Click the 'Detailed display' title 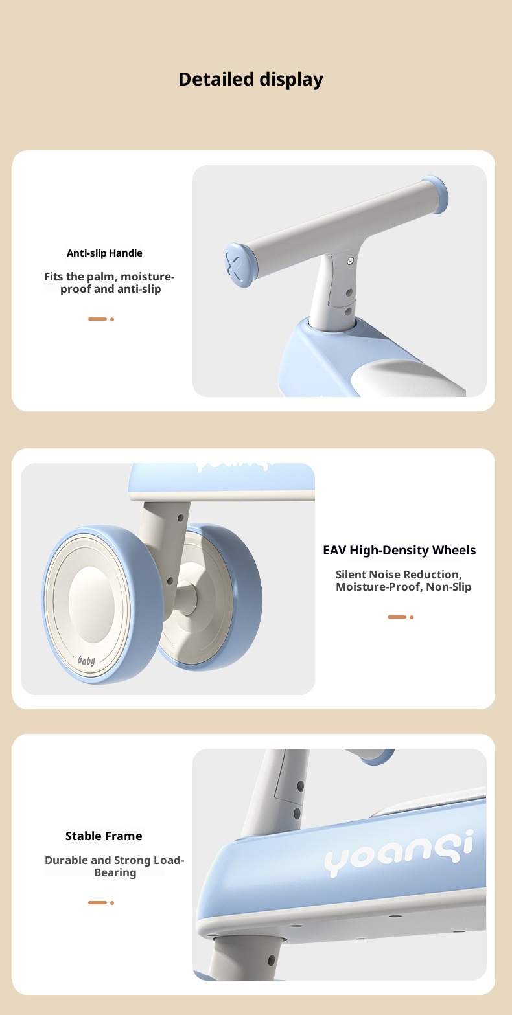(x=251, y=79)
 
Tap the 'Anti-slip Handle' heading (x=104, y=253)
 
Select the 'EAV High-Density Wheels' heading (x=399, y=550)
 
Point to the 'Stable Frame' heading (x=104, y=836)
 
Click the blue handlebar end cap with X (x=240, y=265)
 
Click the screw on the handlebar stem (x=350, y=261)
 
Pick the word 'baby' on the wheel (x=86, y=661)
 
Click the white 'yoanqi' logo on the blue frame (x=399, y=853)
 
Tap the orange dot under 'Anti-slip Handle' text (x=112, y=319)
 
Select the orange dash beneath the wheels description (x=397, y=617)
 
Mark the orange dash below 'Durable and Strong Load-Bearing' (x=97, y=903)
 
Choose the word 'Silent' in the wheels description (x=351, y=574)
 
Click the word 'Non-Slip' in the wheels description (x=448, y=587)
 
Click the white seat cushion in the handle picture (x=408, y=378)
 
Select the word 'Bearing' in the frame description (x=115, y=872)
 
